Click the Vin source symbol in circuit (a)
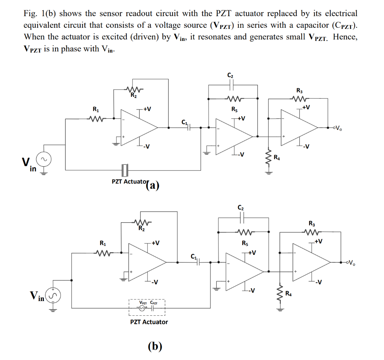[44, 159]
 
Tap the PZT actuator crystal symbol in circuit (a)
[125, 170]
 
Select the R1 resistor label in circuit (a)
[96, 109]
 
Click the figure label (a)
[153, 185]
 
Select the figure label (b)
[155, 346]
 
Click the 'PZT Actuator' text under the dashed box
[149, 322]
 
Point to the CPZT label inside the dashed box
[154, 303]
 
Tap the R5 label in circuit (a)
[234, 109]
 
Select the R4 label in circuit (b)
[288, 294]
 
